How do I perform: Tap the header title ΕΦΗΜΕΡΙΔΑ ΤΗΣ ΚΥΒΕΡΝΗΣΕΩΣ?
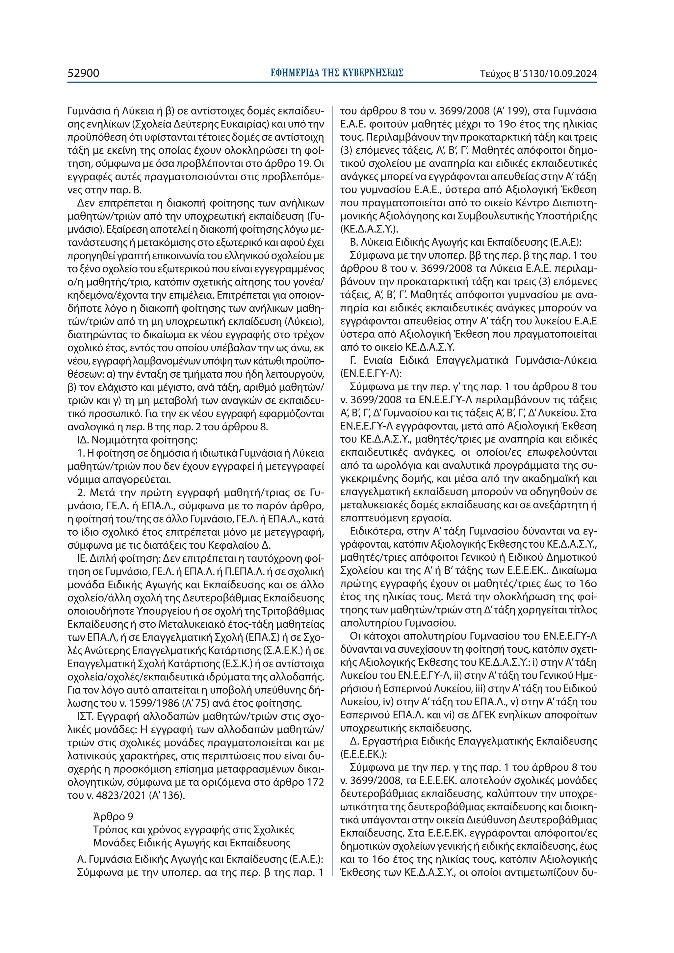[x=336, y=73]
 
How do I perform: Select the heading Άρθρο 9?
[x=113, y=816]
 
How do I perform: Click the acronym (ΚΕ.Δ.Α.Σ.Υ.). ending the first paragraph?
[x=369, y=229]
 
